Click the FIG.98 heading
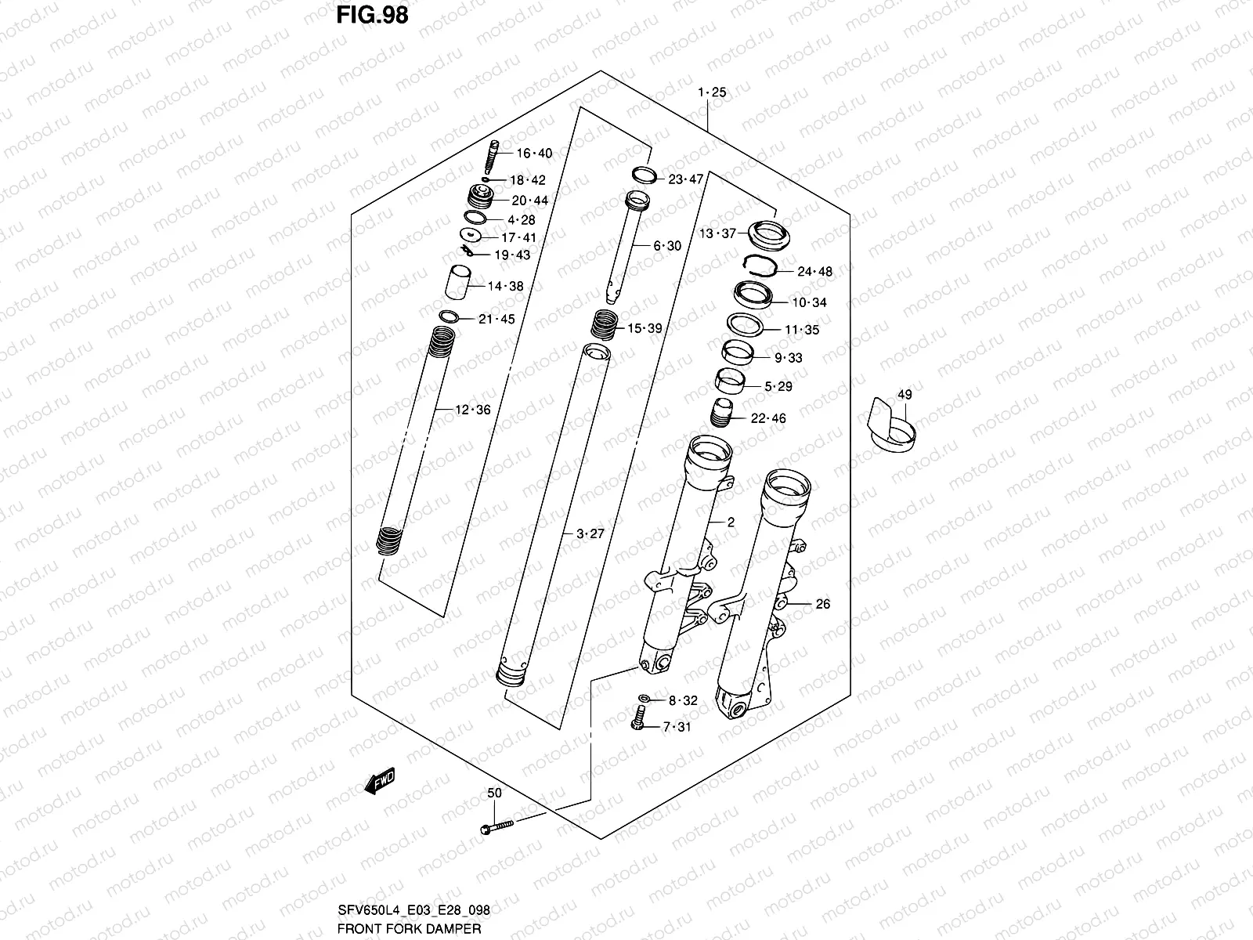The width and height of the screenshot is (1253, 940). tap(372, 15)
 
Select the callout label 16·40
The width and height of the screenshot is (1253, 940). tap(533, 154)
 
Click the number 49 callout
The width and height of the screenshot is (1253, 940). tap(904, 395)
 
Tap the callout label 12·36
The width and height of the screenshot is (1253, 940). tap(472, 410)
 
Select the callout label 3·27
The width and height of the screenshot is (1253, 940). tap(590, 534)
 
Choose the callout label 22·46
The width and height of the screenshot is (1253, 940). tap(767, 418)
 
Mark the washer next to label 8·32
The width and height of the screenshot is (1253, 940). tap(644, 699)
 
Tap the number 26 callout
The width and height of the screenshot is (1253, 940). tap(822, 604)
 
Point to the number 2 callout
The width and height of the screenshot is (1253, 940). tap(730, 522)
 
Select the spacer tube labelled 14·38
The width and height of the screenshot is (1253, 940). tap(459, 283)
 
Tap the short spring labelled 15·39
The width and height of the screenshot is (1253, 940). tap(605, 324)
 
